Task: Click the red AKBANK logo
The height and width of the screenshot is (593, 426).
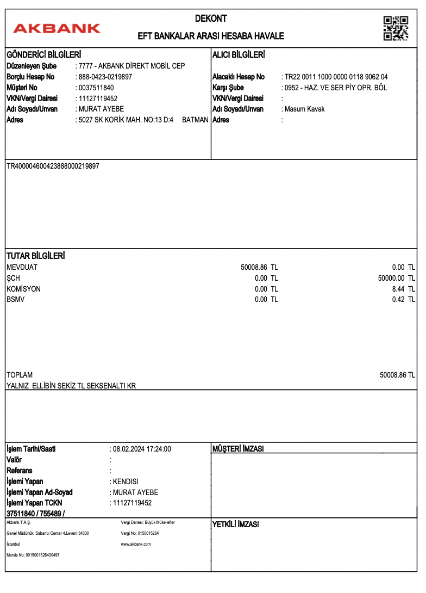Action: point(57,28)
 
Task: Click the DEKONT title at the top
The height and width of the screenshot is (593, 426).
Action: point(211,18)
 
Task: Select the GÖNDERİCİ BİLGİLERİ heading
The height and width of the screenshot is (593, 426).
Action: point(43,55)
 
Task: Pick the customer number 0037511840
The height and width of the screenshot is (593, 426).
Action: point(96,88)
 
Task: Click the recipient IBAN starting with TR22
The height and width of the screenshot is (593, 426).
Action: point(336,77)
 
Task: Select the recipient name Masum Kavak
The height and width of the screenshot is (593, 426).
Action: point(304,109)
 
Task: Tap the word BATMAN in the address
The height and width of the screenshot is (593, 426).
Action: point(195,120)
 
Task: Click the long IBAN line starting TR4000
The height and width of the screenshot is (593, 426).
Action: point(53,165)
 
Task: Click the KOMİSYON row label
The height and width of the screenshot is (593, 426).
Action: point(23,289)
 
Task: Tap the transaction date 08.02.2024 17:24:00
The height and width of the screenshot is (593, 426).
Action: point(141,449)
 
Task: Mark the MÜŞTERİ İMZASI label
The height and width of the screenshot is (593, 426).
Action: point(238,449)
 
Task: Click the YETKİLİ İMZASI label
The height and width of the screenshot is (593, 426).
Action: point(235,524)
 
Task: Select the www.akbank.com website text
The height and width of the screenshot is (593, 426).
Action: point(135,543)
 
